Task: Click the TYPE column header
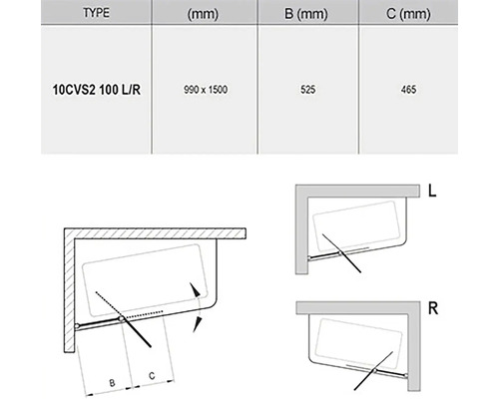click(96, 13)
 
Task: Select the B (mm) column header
click(306, 14)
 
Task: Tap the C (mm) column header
click(408, 14)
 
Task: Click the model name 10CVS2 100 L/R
click(97, 90)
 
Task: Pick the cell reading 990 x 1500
click(206, 90)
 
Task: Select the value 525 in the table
click(307, 90)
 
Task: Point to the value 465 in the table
click(408, 90)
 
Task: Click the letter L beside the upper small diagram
click(432, 191)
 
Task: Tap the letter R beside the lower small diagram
click(433, 308)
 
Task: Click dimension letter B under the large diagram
click(112, 383)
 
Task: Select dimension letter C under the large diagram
click(152, 376)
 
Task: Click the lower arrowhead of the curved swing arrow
click(197, 325)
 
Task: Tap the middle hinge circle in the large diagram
click(122, 319)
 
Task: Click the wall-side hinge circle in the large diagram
click(77, 326)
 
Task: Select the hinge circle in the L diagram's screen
click(340, 253)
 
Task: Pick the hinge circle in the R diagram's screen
click(375, 370)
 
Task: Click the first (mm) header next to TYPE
click(203, 14)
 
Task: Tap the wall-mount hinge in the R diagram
click(405, 375)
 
